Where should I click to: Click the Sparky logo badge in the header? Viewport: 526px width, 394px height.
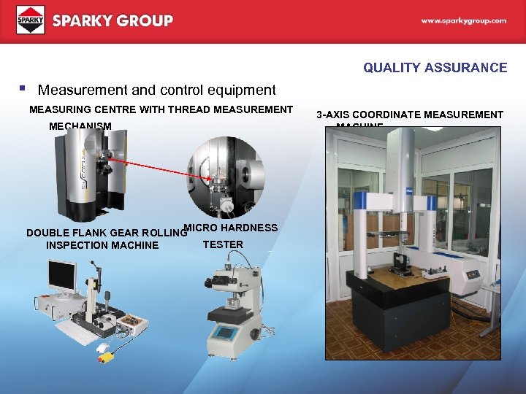(31, 20)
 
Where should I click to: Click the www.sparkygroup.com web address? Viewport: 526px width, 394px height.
(463, 21)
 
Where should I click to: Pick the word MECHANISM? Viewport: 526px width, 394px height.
(80, 126)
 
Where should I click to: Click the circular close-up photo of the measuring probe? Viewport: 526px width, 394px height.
(225, 177)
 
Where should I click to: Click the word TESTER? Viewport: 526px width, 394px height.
(223, 244)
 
